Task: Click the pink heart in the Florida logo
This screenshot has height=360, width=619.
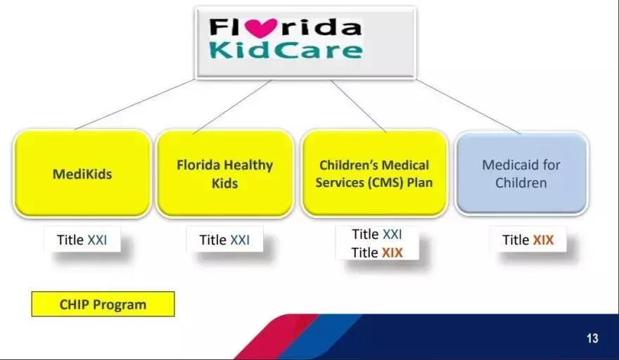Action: tap(260, 28)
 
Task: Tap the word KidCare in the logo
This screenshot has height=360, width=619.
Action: tap(286, 50)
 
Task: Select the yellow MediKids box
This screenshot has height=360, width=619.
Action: tap(82, 174)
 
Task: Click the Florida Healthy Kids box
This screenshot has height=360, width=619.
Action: tap(224, 174)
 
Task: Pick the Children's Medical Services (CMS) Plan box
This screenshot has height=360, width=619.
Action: tap(374, 174)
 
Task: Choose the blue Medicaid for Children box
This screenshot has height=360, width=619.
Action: tap(521, 174)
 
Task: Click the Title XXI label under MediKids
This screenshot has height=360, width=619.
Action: tap(82, 240)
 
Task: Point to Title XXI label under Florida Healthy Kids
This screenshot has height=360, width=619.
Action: tap(224, 240)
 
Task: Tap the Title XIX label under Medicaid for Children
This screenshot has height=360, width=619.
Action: tap(528, 240)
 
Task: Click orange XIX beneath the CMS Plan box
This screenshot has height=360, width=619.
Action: tap(392, 252)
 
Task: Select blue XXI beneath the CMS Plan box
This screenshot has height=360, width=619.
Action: tap(392, 234)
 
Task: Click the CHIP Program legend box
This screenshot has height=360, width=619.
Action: tap(103, 304)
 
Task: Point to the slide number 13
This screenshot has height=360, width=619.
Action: tap(592, 338)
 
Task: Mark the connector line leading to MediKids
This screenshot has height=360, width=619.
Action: tap(134, 104)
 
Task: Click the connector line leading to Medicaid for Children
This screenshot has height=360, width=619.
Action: tap(468, 105)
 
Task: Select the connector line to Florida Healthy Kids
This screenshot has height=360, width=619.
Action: tap(233, 107)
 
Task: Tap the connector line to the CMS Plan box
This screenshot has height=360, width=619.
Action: tap(359, 105)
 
